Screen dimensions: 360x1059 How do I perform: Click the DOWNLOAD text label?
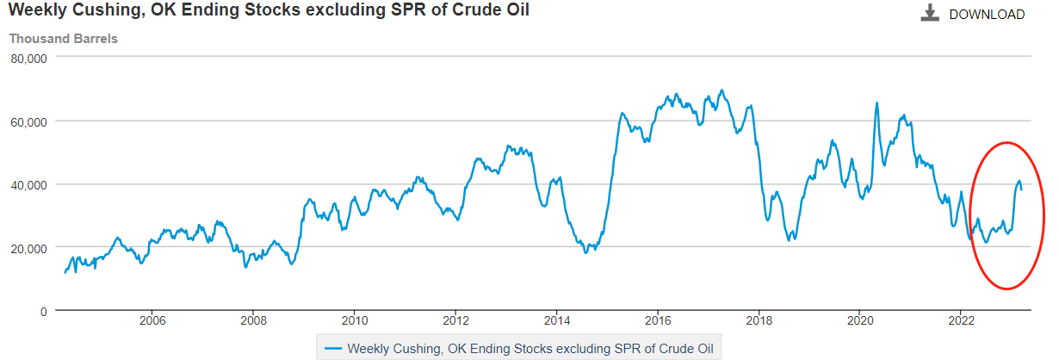tap(987, 15)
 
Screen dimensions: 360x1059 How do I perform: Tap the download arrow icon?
tap(930, 14)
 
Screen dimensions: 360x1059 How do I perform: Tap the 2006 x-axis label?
tap(152, 322)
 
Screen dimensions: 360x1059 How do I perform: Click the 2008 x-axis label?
tap(252, 322)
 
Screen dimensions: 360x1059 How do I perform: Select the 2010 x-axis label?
tap(354, 322)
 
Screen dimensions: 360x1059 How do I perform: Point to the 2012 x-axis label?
tap(455, 322)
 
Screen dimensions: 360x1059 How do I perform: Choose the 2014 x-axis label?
tap(556, 322)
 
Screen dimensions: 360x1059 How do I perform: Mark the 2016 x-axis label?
tap(657, 322)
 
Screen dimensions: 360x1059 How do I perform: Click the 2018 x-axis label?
tap(759, 322)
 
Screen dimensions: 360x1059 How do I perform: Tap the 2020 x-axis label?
tap(859, 322)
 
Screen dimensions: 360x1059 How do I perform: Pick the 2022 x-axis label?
tap(961, 322)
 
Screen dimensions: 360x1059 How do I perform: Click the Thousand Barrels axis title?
tap(63, 39)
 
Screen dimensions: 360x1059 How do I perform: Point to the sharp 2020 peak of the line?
tap(877, 103)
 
